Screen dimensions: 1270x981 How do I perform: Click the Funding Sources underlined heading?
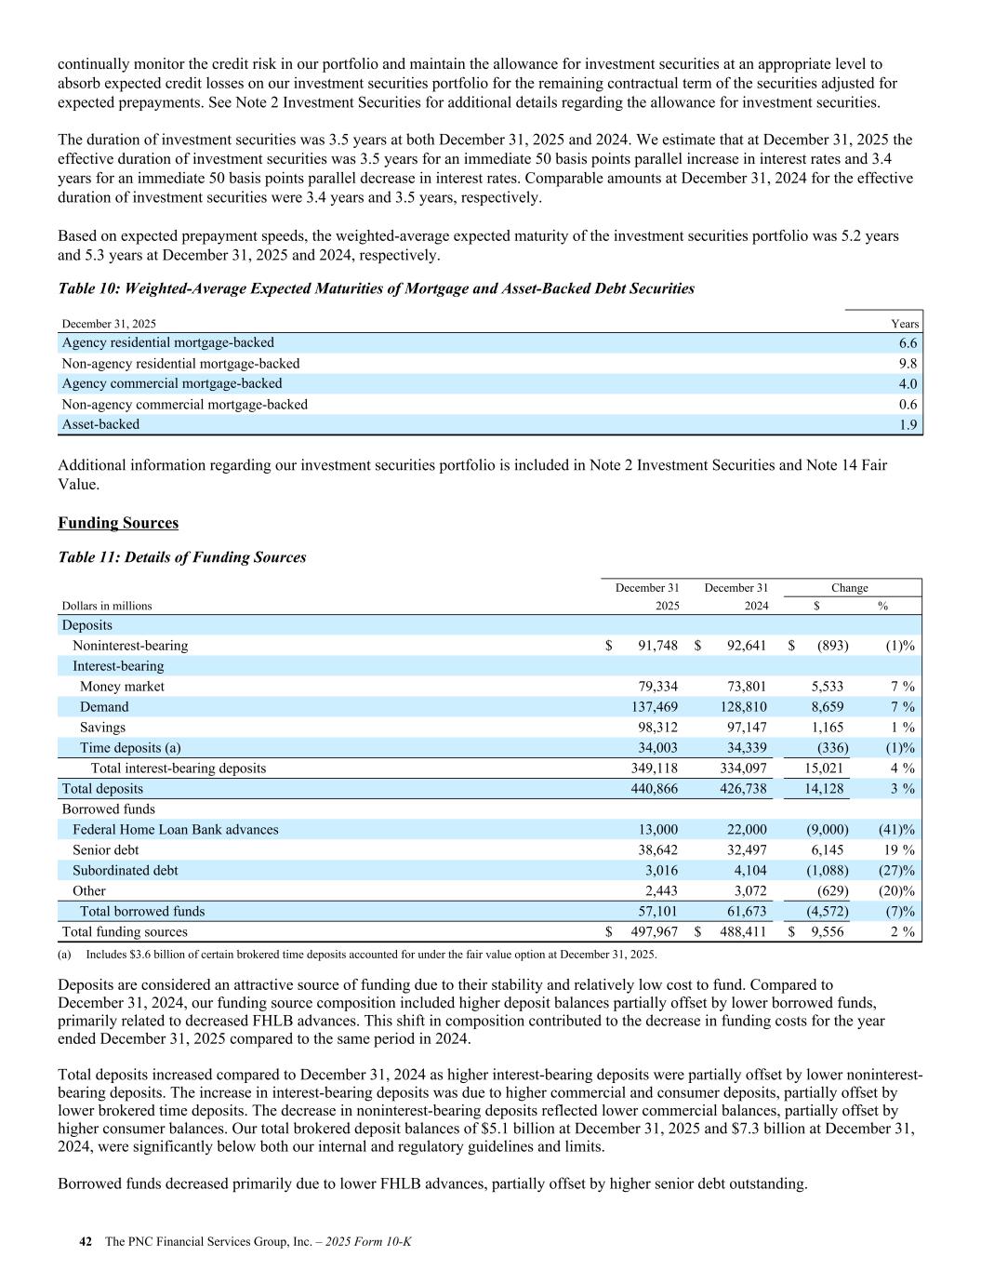tap(118, 523)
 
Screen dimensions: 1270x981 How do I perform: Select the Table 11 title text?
tap(181, 557)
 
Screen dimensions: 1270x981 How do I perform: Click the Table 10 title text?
tap(376, 288)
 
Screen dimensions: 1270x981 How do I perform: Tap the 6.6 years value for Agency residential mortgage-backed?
tap(908, 343)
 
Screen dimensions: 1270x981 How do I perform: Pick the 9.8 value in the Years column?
tap(908, 364)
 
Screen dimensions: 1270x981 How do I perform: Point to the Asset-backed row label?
tap(100, 424)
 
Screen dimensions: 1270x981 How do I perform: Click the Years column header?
tap(905, 324)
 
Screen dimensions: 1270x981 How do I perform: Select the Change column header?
tap(849, 588)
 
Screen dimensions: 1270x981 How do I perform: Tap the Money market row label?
tap(122, 687)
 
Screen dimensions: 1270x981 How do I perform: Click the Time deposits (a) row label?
tap(130, 748)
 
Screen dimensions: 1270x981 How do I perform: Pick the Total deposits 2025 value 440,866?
tap(652, 789)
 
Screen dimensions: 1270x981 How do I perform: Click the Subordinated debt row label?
tap(125, 871)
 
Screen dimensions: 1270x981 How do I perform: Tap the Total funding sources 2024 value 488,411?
tap(741, 932)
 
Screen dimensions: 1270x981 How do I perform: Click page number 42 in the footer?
tap(86, 1241)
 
